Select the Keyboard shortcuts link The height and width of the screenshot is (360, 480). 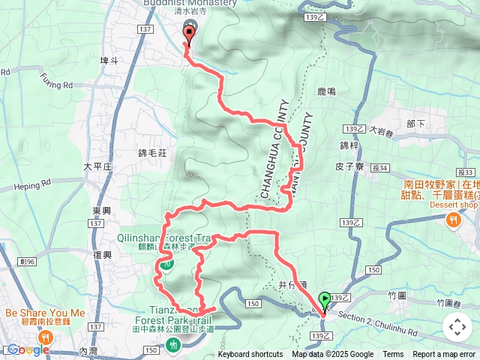point(250,355)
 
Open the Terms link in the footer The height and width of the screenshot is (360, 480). point(393,355)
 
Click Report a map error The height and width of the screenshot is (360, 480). point(445,355)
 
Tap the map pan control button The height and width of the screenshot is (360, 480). point(457,327)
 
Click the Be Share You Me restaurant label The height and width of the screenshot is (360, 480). point(45,313)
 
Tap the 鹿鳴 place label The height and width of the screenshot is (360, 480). point(326,91)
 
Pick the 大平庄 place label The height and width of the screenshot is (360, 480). point(97,166)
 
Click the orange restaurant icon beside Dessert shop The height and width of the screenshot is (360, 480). point(454,220)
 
